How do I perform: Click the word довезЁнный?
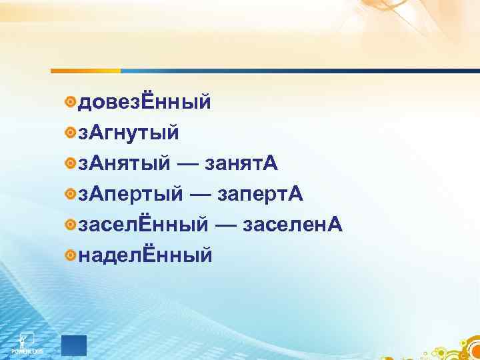[145, 103]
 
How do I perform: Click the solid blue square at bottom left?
[73, 345]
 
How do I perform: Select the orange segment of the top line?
[85, 70]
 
